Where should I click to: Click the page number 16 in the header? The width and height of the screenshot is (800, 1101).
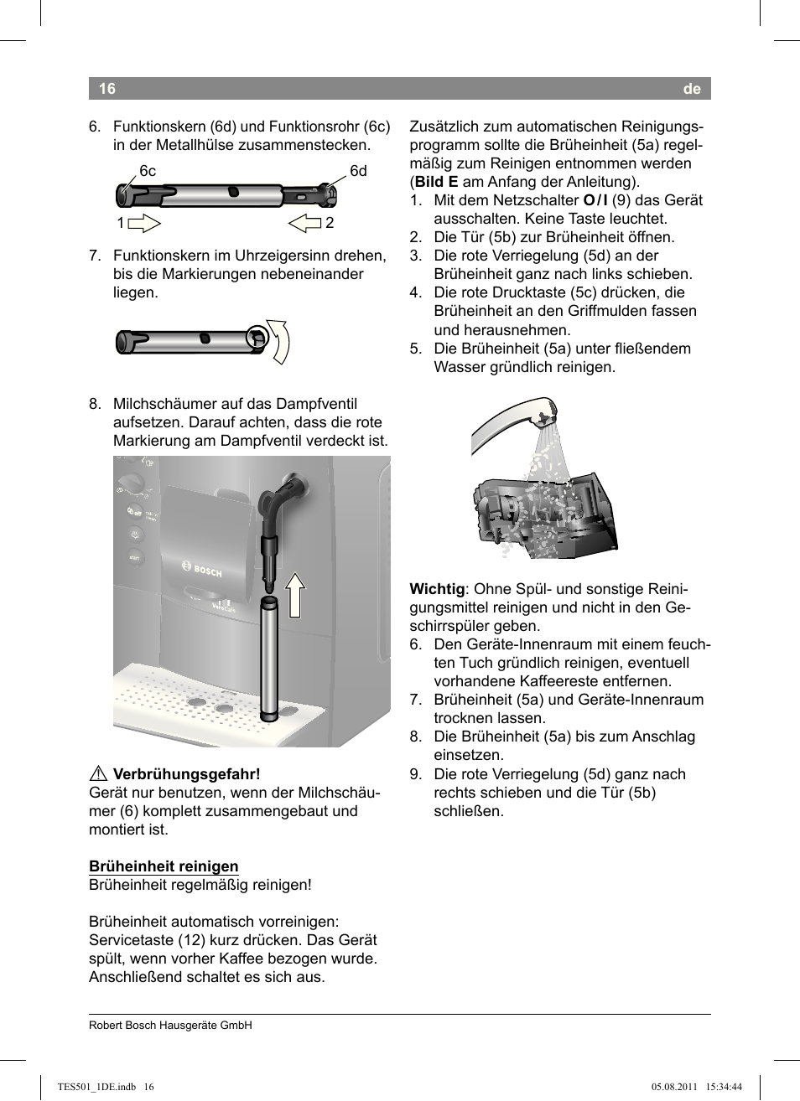click(x=106, y=89)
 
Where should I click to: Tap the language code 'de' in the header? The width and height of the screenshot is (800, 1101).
click(x=691, y=89)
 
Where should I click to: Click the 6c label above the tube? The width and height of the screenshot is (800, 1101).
click(x=148, y=171)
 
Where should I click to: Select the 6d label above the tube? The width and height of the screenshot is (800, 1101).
click(x=358, y=171)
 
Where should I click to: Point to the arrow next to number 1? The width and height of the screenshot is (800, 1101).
click(x=145, y=223)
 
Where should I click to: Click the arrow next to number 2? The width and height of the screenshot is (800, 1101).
click(x=305, y=223)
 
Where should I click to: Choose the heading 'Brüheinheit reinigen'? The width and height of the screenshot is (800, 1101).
click(x=164, y=866)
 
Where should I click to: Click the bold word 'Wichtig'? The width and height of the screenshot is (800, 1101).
click(x=437, y=589)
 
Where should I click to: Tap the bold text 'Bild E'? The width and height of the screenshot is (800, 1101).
click(x=436, y=182)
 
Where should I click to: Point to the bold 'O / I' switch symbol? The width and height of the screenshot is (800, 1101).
click(x=595, y=200)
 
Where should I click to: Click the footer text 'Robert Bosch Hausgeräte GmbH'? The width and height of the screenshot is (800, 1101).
click(x=170, y=1025)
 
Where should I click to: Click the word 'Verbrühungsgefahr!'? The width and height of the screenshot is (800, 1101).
click(x=186, y=774)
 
